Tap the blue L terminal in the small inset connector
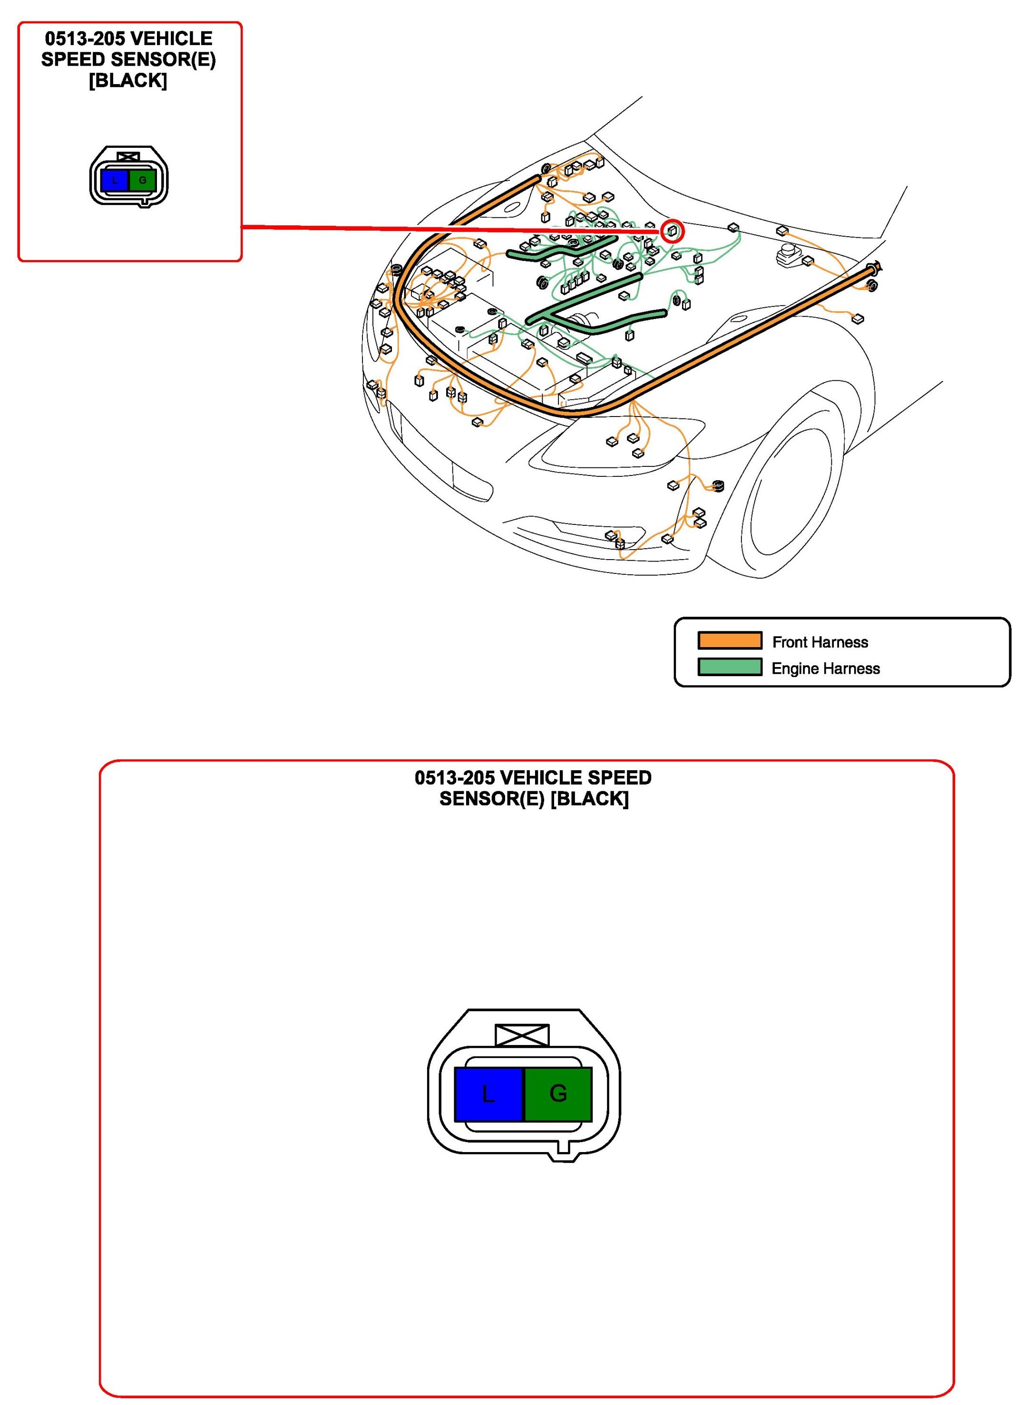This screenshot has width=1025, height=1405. [115, 181]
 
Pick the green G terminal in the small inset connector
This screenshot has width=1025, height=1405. [143, 181]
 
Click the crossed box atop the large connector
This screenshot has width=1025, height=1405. [522, 1035]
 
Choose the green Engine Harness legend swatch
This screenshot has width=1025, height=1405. [730, 667]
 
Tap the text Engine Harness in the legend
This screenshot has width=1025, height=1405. [825, 668]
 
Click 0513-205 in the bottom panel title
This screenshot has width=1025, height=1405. [455, 778]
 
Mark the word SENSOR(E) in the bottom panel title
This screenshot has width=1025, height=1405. [492, 799]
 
